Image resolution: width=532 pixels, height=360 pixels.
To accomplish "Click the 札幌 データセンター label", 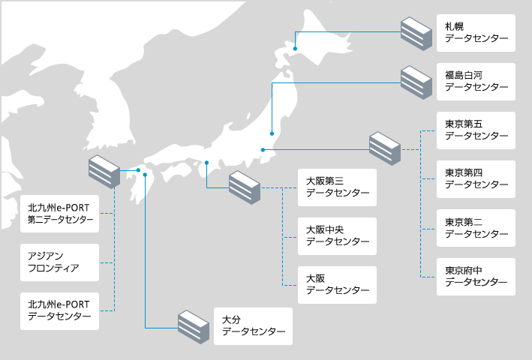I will pyautogui.click(x=476, y=32).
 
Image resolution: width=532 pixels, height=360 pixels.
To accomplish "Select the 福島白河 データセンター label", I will pyautogui.click(x=476, y=81).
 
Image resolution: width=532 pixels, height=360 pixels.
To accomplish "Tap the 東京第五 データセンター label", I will pyautogui.click(x=476, y=130).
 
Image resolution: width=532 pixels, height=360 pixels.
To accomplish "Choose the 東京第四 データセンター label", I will pyautogui.click(x=476, y=178).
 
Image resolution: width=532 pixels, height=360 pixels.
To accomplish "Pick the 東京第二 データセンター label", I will pyautogui.click(x=476, y=227).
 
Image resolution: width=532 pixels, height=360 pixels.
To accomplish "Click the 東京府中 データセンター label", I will pyautogui.click(x=476, y=276).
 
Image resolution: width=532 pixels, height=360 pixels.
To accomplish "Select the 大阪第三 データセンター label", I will pyautogui.click(x=337, y=187).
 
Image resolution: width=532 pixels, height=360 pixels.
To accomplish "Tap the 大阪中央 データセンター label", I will pyautogui.click(x=337, y=235).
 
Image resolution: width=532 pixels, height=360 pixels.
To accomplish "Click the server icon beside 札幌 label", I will pyautogui.click(x=416, y=32).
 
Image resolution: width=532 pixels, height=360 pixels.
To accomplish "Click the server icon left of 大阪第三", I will pyautogui.click(x=244, y=187).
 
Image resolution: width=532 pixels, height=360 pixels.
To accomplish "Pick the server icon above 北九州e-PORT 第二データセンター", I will pyautogui.click(x=104, y=172).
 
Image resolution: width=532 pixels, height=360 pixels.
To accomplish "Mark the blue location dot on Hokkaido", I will pyautogui.click(x=296, y=49).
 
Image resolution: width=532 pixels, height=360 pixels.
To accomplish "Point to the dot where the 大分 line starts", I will pyautogui.click(x=145, y=179).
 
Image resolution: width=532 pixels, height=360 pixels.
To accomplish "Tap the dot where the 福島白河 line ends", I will pyautogui.click(x=272, y=134).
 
